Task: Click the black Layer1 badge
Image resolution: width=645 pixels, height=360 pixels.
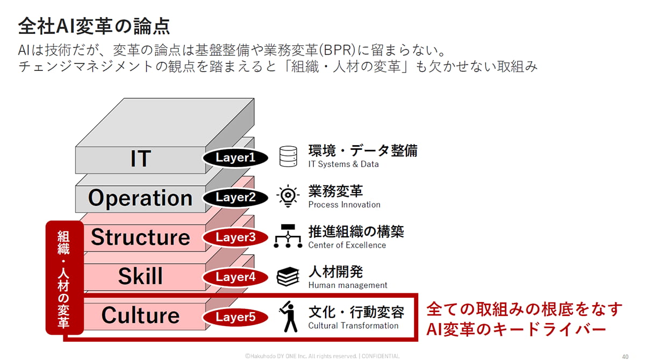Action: [235, 157]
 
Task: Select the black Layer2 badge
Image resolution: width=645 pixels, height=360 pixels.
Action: [235, 197]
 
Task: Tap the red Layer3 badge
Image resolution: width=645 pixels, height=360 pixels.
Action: [235, 237]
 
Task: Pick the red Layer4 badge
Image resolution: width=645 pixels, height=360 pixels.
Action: [235, 277]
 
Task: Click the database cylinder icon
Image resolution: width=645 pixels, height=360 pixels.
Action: [288, 157]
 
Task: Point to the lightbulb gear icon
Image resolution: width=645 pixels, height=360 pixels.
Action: [288, 197]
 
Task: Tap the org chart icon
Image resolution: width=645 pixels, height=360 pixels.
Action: [288, 237]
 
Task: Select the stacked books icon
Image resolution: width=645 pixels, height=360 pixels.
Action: [288, 277]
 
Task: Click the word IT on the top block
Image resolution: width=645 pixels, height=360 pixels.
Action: [140, 159]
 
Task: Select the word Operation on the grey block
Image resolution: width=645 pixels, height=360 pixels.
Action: [140, 198]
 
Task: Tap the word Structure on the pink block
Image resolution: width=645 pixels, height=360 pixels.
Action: [140, 237]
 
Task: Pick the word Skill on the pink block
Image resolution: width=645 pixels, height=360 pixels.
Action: [140, 277]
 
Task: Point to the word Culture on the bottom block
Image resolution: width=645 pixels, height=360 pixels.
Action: [140, 315]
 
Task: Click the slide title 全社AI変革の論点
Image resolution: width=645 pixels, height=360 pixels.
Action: [94, 25]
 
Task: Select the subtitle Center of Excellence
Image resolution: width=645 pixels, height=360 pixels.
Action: [347, 245]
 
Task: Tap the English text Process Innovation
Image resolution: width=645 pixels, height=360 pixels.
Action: [344, 205]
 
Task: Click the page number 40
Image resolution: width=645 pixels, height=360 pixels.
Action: [625, 356]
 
